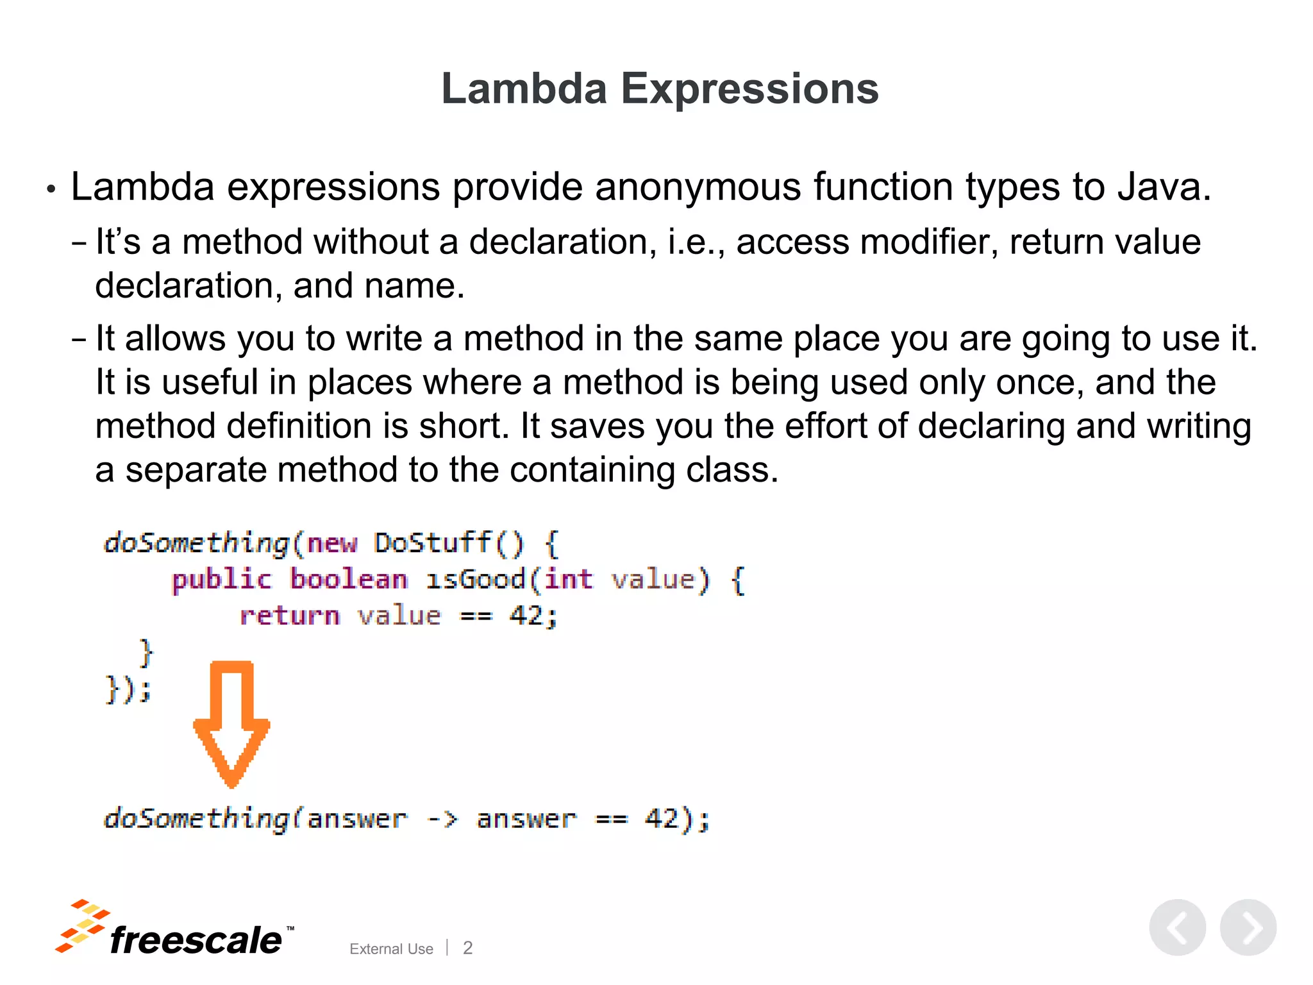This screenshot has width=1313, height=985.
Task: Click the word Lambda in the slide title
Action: [524, 88]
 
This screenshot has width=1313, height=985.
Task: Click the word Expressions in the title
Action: [749, 88]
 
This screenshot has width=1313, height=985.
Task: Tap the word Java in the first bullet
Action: [1163, 187]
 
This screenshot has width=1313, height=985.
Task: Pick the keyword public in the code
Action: [222, 580]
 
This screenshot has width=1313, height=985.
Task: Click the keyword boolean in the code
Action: [349, 579]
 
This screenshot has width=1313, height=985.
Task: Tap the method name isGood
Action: [476, 579]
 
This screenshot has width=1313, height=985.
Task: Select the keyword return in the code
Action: [290, 616]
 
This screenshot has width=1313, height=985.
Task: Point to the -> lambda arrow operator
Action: [442, 819]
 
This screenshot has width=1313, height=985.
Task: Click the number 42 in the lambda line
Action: [661, 819]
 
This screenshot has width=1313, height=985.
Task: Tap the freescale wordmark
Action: [196, 941]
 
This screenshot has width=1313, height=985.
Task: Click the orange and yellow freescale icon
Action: [82, 926]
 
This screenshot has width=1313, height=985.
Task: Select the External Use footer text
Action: [391, 949]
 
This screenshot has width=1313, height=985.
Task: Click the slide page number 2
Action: [467, 948]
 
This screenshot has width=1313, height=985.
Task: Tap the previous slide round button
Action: [1177, 928]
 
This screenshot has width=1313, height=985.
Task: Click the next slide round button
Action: [1248, 928]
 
